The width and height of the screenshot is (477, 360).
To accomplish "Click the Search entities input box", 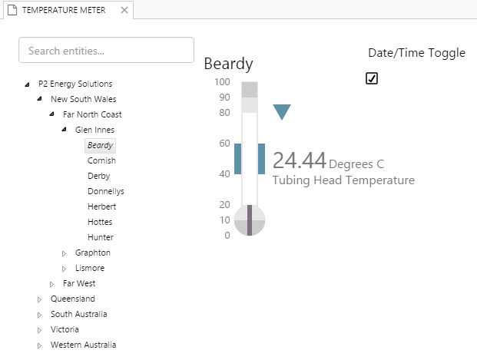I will (106, 51).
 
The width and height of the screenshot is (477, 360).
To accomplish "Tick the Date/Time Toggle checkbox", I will (372, 78).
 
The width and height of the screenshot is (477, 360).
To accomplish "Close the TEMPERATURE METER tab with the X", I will (124, 10).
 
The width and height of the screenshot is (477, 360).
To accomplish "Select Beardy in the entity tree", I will (100, 145).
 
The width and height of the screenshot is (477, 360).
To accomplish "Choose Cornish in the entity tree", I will (101, 160).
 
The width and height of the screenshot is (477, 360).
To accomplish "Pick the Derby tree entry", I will (98, 176).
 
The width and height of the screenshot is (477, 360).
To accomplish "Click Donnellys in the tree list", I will (105, 191).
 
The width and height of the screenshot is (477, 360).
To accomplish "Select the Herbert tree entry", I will (101, 206).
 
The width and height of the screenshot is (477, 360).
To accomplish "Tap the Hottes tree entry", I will (100, 222).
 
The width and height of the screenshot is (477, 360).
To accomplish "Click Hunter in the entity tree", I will (100, 237).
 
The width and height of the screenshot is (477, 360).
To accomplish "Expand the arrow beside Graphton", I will (65, 253).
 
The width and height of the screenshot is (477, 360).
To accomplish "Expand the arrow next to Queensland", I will (40, 299).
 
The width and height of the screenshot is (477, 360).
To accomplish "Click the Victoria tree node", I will (65, 329).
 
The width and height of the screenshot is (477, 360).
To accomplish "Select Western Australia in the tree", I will (83, 345).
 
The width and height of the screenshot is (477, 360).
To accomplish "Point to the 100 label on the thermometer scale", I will (222, 82).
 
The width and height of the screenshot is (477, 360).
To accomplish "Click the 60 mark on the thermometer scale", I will (224, 144).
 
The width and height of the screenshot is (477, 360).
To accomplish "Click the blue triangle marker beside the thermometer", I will (282, 112).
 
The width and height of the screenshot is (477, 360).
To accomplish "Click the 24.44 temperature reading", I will (299, 160).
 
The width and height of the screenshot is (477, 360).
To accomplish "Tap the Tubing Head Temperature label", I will (343, 180).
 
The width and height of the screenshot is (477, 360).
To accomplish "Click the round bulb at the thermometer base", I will (250, 222).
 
